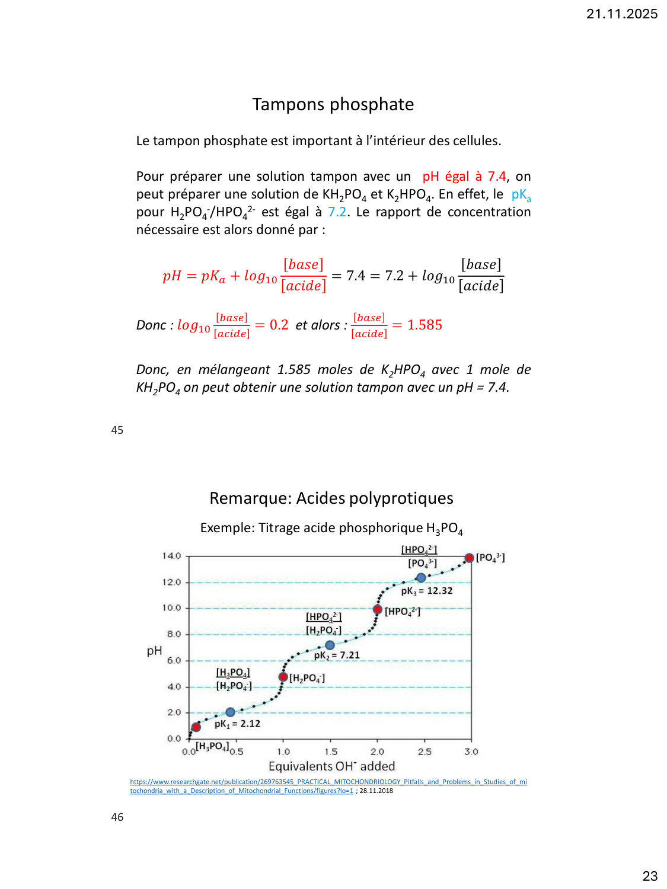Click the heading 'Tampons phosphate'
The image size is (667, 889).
click(x=333, y=104)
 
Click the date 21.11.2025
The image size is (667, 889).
click(x=621, y=14)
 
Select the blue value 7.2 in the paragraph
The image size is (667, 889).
click(x=337, y=212)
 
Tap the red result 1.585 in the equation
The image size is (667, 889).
click(x=425, y=325)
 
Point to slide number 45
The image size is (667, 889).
click(x=117, y=430)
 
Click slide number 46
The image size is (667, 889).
click(x=117, y=817)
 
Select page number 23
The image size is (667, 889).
click(x=650, y=876)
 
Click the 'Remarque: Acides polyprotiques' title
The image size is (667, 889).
click(x=331, y=498)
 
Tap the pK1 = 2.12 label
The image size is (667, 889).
click(x=237, y=724)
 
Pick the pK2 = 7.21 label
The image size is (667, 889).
click(x=337, y=655)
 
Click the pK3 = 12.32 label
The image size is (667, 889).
click(x=427, y=591)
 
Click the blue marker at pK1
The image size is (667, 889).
click(x=230, y=712)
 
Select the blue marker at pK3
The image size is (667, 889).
click(x=421, y=578)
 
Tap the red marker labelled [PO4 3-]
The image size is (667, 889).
click(x=469, y=558)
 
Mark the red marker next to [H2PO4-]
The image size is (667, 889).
click(x=283, y=677)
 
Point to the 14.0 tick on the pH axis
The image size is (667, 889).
click(x=172, y=556)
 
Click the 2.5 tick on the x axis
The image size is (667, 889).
click(x=425, y=752)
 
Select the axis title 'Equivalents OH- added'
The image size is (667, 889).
click(x=331, y=766)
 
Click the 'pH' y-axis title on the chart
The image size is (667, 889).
click(x=154, y=651)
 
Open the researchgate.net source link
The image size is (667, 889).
click(x=328, y=782)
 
